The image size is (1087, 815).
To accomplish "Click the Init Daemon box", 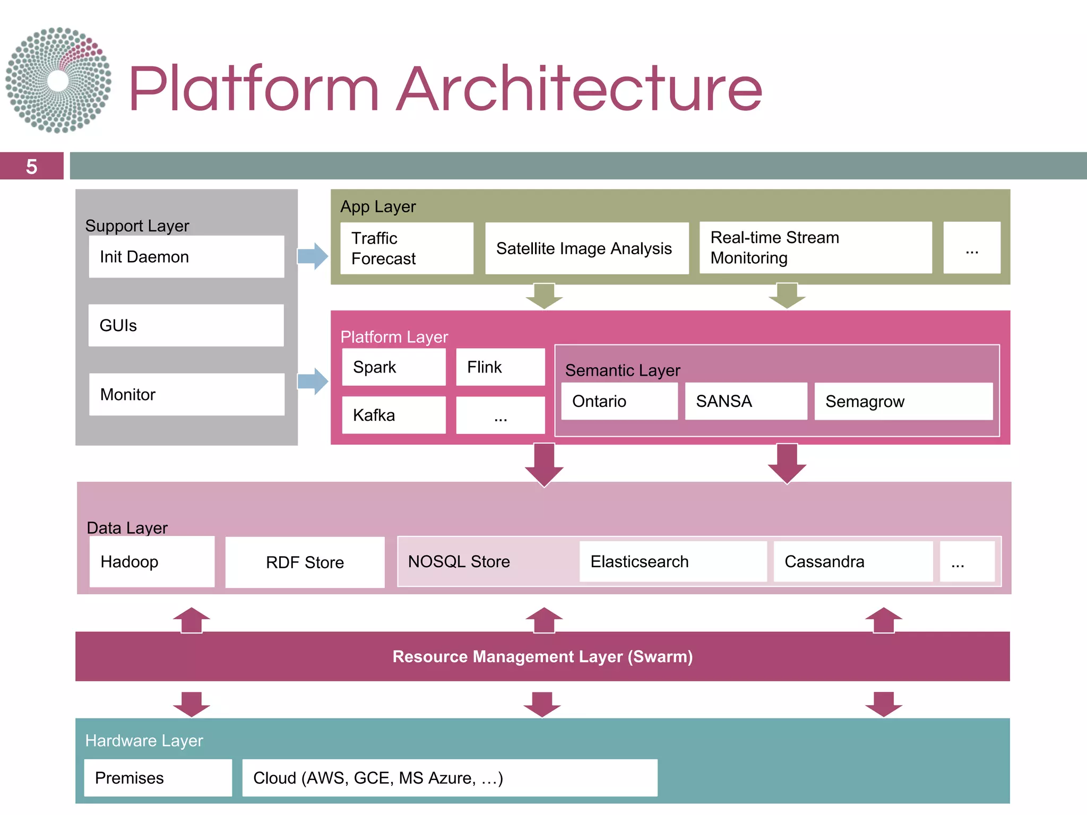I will tap(186, 257).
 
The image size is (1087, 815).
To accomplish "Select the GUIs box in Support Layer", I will tap(186, 325).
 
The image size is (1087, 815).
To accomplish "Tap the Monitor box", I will tap(186, 394).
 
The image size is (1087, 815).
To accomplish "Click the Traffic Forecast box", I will tap(407, 248).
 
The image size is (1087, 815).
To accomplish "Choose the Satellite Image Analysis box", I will tap(586, 248).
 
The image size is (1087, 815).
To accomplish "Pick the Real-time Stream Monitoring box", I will tap(815, 248).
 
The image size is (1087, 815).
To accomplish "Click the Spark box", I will tap(394, 367).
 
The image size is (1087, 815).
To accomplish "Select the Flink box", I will tap(500, 367).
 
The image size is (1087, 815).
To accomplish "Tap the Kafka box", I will tap(394, 415).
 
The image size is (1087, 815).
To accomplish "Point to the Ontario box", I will tap(619, 401).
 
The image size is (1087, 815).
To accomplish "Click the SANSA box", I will tap(746, 401).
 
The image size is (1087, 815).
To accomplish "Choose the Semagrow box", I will tap(903, 402).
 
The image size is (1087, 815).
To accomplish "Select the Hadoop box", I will tap(152, 561).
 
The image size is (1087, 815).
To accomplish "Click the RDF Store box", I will tap(305, 562).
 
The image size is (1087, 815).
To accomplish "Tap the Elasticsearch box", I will tap(672, 561).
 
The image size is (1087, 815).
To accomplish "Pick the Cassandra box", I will tap(853, 561).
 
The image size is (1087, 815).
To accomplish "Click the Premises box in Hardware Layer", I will tap(158, 778).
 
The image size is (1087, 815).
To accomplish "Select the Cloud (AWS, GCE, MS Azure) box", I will tap(450, 778).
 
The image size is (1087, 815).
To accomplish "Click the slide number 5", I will tap(32, 167).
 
